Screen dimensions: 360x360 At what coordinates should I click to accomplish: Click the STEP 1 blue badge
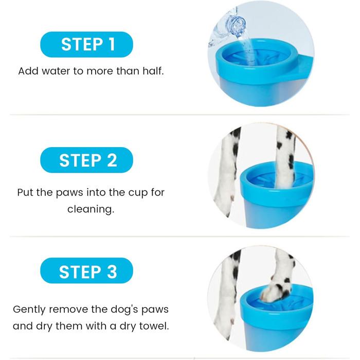pyautogui.click(x=86, y=44)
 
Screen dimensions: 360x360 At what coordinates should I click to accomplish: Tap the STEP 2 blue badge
pyautogui.click(x=86, y=160)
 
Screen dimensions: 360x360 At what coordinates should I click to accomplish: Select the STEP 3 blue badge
pyautogui.click(x=86, y=271)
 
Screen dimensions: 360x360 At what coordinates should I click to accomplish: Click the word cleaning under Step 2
pyautogui.click(x=91, y=209)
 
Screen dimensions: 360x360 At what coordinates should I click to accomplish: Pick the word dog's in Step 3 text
pyautogui.click(x=124, y=310)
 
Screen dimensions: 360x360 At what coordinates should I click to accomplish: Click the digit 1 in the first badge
pyautogui.click(x=112, y=44)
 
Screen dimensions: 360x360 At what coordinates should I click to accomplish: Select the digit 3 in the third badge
pyautogui.click(x=112, y=272)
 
